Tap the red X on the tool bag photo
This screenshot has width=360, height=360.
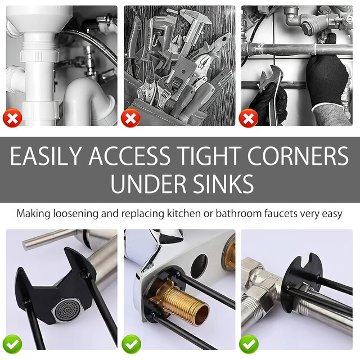(x=130, y=118)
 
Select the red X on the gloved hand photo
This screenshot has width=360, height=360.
(x=248, y=118)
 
